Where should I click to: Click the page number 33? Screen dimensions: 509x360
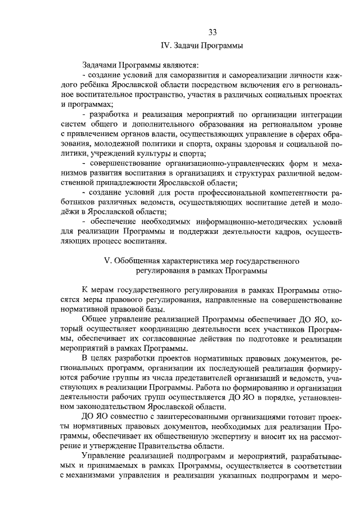(x=212, y=31)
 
